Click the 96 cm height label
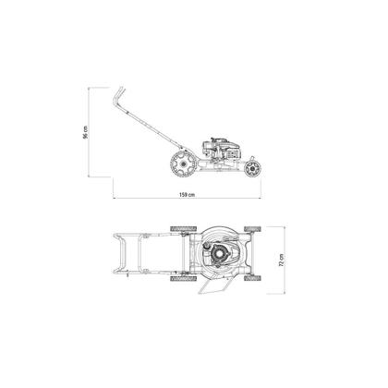85,132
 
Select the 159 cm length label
187,195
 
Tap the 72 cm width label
281,260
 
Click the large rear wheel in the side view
183,164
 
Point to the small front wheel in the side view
253,168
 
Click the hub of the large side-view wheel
183,164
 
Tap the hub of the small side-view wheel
253,168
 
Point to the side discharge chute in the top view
214,285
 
